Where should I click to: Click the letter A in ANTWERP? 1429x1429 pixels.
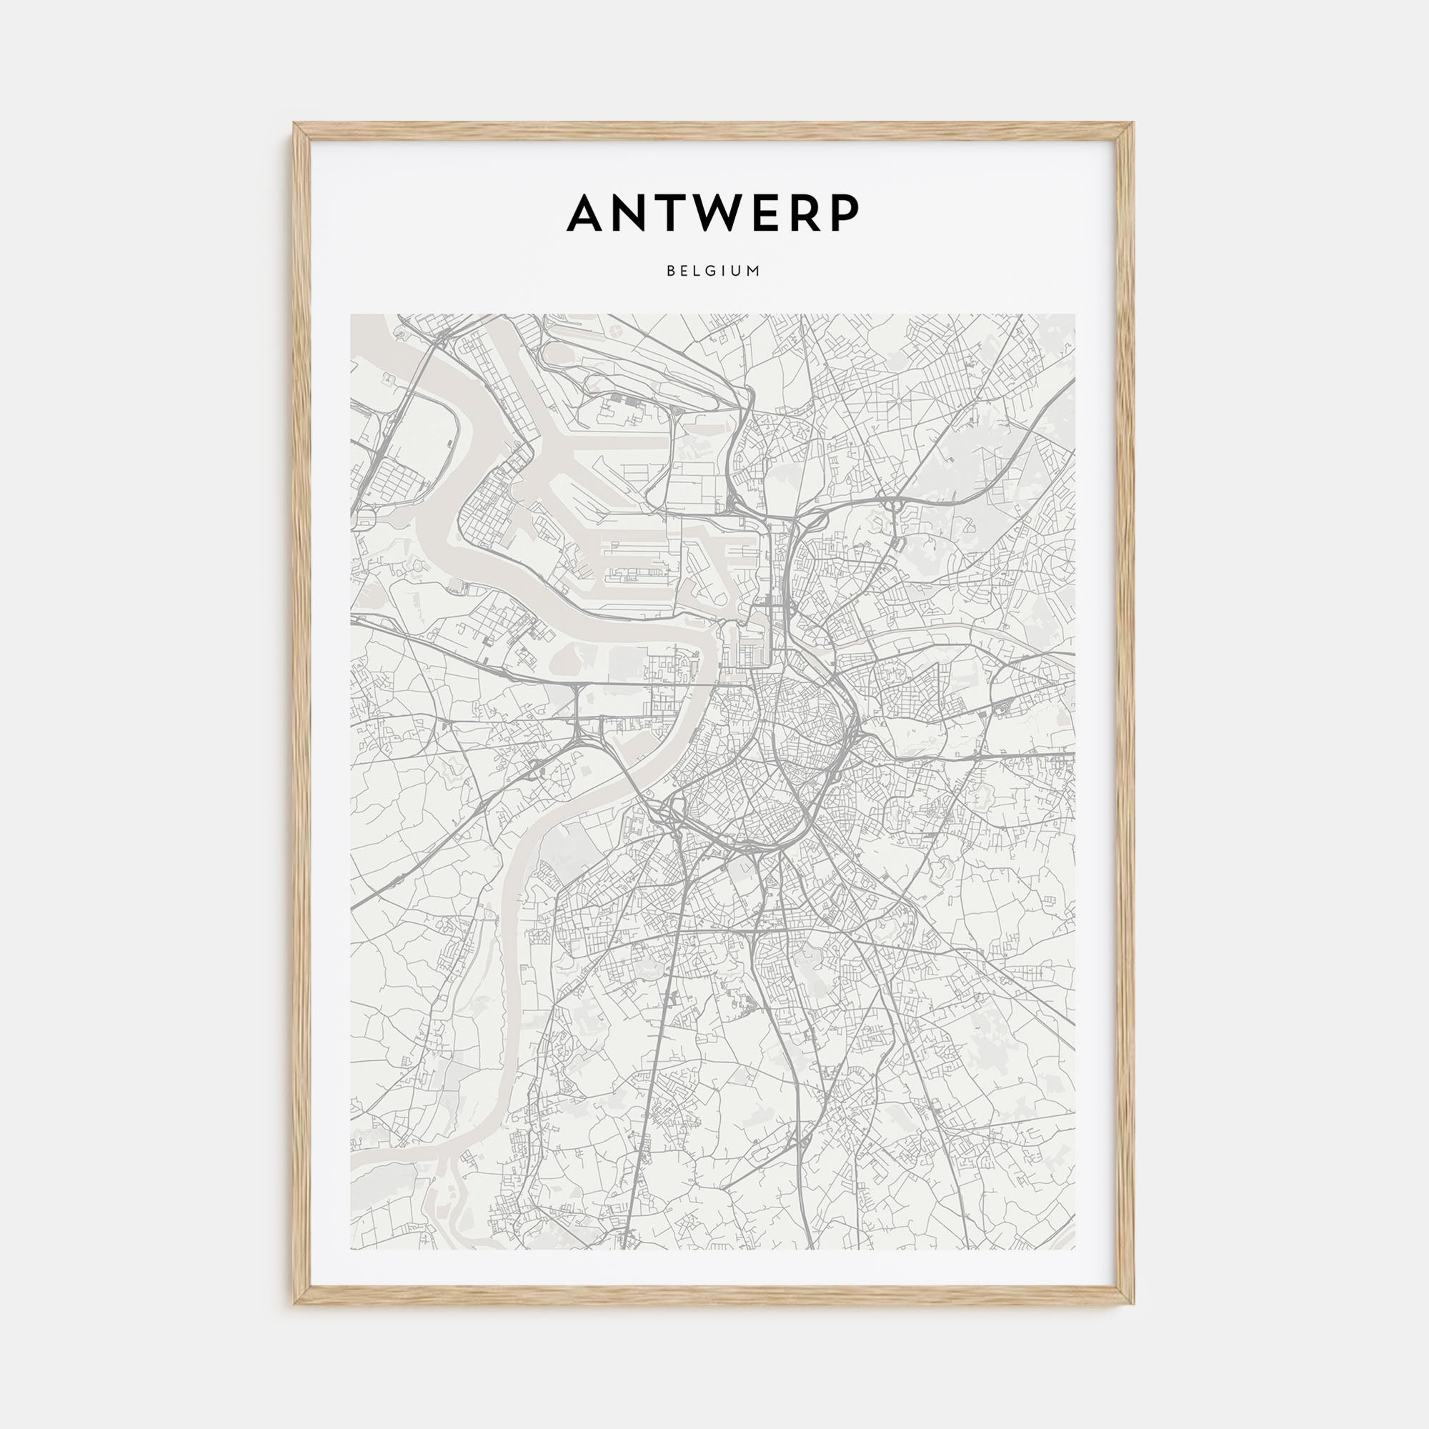pyautogui.click(x=589, y=213)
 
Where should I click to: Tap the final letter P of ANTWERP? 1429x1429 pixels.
pyautogui.click(x=845, y=213)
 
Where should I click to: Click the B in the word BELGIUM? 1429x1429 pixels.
pyautogui.click(x=669, y=271)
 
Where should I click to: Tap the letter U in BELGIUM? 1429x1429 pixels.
pyautogui.click(x=738, y=271)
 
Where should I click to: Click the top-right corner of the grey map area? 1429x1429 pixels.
pyautogui.click(x=1075, y=315)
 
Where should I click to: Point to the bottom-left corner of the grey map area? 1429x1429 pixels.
pyautogui.click(x=352, y=1249)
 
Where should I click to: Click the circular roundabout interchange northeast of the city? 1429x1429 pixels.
pyautogui.click(x=896, y=506)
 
